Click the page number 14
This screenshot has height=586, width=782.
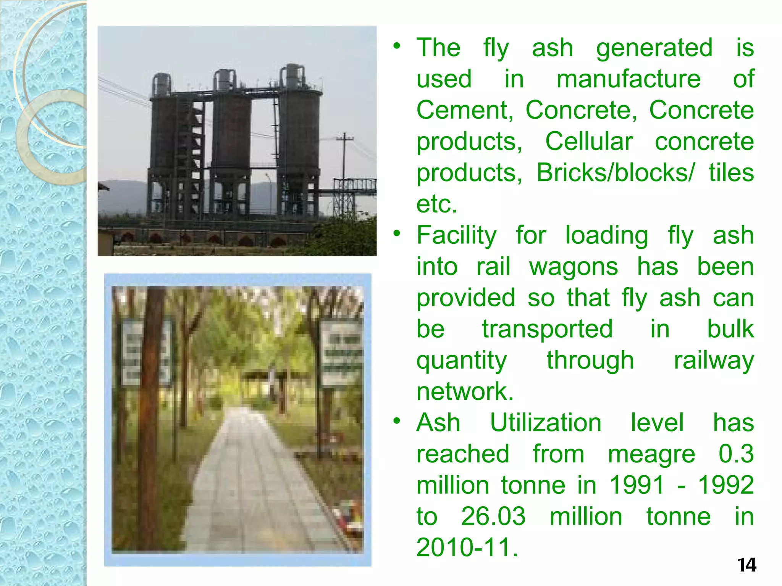[746, 565]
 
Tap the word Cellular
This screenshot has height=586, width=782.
[589, 142]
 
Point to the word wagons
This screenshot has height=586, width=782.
[574, 267]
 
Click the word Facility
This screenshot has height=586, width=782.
[457, 235]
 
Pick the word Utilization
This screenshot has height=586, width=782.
[546, 423]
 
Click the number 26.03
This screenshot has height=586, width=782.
[493, 517]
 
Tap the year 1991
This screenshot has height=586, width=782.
[637, 485]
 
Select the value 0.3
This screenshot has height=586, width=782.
[736, 454]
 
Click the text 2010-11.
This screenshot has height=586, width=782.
[467, 548]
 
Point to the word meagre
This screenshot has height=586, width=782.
[651, 455]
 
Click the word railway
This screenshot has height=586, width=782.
[714, 361]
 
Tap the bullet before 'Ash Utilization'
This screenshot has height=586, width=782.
[397, 421]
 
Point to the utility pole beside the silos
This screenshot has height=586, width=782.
[344, 160]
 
